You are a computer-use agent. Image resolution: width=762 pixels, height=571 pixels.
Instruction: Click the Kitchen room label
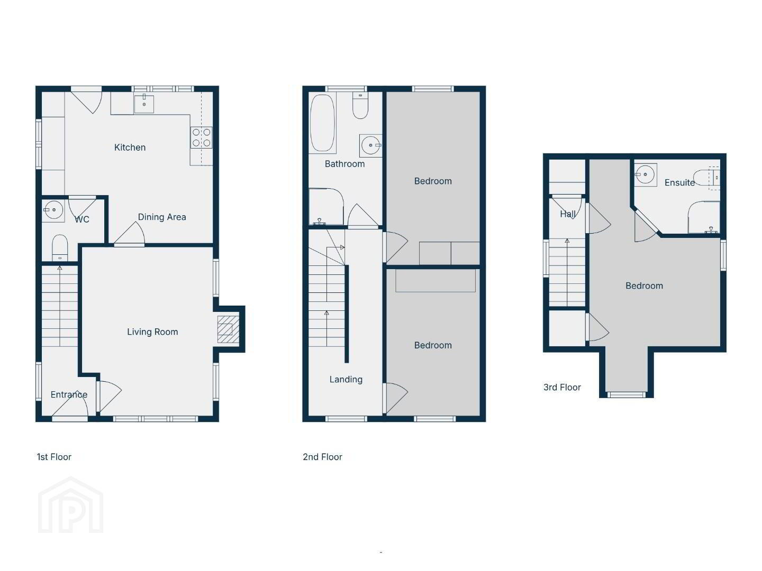(130, 148)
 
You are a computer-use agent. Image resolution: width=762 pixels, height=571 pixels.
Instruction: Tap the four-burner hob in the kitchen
(202, 137)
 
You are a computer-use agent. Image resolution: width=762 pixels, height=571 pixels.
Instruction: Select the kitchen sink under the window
(144, 104)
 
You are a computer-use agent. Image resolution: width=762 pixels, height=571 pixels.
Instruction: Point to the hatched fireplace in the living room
(228, 329)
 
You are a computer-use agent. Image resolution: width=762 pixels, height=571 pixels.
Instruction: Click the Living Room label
(152, 332)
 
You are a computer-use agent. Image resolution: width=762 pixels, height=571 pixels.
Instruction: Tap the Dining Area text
(162, 217)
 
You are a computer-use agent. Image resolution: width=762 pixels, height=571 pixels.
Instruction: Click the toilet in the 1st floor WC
(60, 248)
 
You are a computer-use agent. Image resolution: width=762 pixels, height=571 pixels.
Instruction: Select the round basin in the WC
(53, 210)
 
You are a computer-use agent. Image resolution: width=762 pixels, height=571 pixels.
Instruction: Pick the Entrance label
(69, 394)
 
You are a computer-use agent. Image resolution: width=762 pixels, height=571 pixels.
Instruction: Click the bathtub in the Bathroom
(322, 123)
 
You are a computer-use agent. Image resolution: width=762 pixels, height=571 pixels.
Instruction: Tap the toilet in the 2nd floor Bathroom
(360, 105)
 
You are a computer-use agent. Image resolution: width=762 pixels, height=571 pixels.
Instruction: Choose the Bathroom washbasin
(370, 145)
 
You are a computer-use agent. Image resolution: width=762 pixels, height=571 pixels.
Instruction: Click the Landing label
(346, 379)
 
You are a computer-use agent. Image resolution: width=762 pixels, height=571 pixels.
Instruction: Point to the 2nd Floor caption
(322, 457)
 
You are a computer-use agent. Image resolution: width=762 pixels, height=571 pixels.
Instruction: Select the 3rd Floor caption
(561, 387)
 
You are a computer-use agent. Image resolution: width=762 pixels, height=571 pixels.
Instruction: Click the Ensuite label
(679, 182)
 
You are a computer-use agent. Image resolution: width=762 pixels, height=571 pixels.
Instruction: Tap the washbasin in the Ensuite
(646, 174)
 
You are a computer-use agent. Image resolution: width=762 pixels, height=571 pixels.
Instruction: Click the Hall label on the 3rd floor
(568, 214)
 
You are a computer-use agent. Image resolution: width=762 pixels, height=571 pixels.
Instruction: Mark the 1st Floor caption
(54, 457)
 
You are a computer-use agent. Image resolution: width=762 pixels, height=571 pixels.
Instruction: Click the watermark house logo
(70, 505)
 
